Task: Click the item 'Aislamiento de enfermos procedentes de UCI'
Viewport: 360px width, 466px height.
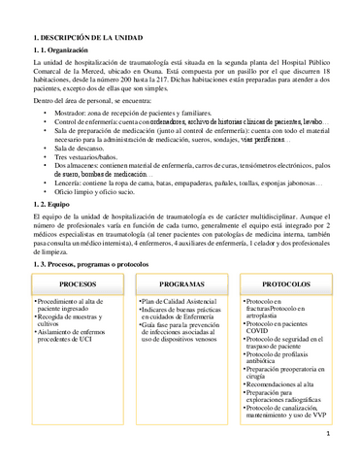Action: pyautogui.click(x=77, y=339)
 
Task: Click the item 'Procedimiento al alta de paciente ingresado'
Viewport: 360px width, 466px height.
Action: pyautogui.click(x=76, y=306)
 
